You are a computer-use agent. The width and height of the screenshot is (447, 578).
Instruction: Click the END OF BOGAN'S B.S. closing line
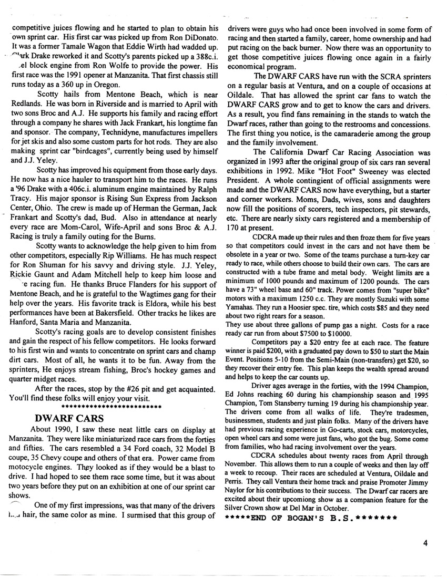click(x=310, y=518)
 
